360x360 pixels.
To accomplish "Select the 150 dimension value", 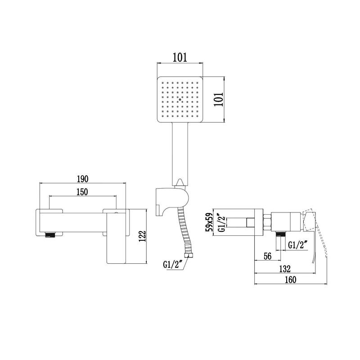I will (x=81, y=192).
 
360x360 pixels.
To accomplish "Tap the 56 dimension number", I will (x=267, y=256).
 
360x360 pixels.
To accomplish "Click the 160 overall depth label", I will (x=290, y=280).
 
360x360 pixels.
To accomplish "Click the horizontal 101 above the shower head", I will (x=180, y=58).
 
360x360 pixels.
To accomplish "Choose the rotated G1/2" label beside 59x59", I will (x=221, y=222).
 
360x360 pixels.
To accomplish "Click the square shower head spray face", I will (x=180, y=99).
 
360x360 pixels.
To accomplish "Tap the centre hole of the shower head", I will (x=180, y=99).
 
